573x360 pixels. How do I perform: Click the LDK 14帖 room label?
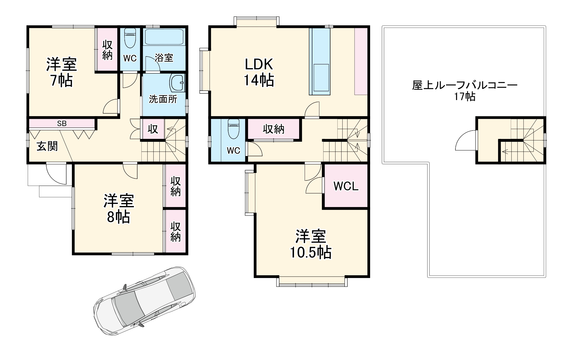point(259,72)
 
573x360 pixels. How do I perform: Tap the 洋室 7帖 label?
point(61,72)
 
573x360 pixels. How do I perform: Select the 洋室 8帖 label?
point(119,208)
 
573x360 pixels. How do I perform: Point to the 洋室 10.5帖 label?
point(310,244)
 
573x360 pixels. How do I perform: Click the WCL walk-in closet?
point(346,186)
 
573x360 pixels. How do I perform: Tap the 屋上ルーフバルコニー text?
point(465,85)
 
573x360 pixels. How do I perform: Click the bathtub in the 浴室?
point(164,37)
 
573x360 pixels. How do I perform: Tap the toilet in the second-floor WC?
point(233,129)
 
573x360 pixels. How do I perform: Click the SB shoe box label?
point(62,124)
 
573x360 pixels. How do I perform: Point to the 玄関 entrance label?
point(47,146)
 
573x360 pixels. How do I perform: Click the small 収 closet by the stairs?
point(153,129)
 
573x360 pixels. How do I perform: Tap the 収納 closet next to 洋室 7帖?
point(107,50)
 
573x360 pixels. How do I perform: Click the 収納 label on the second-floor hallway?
point(274,129)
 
